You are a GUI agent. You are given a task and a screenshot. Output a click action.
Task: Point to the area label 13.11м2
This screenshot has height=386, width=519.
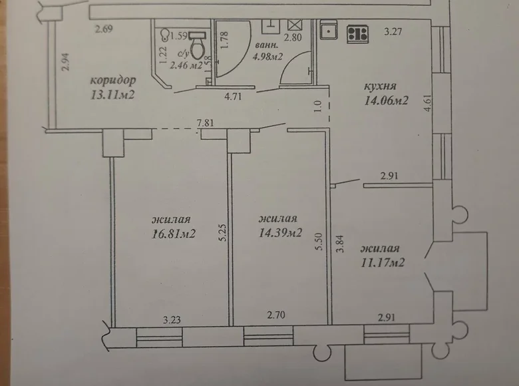pyautogui.click(x=113, y=95)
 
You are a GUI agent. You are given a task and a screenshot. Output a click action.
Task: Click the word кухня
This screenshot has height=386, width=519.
pyautogui.click(x=381, y=87)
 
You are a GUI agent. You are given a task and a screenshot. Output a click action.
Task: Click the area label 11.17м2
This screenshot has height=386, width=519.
pyautogui.click(x=383, y=262)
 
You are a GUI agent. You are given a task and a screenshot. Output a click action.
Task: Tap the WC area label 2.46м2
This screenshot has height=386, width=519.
pyautogui.click(x=186, y=65)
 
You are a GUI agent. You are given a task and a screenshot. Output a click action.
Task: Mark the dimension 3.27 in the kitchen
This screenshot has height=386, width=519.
pyautogui.click(x=396, y=30)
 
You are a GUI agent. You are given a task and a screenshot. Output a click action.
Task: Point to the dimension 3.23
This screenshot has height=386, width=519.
pyautogui.click(x=172, y=319)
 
